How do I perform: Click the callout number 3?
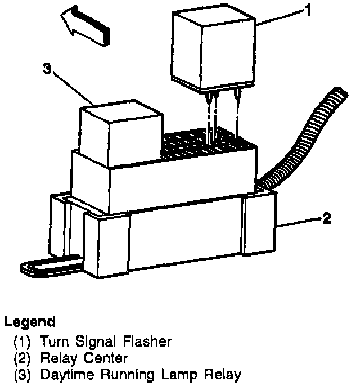47,70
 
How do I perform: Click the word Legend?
29,322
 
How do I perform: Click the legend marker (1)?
22,342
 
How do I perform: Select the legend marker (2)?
22,358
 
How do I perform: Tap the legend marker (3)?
22,374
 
